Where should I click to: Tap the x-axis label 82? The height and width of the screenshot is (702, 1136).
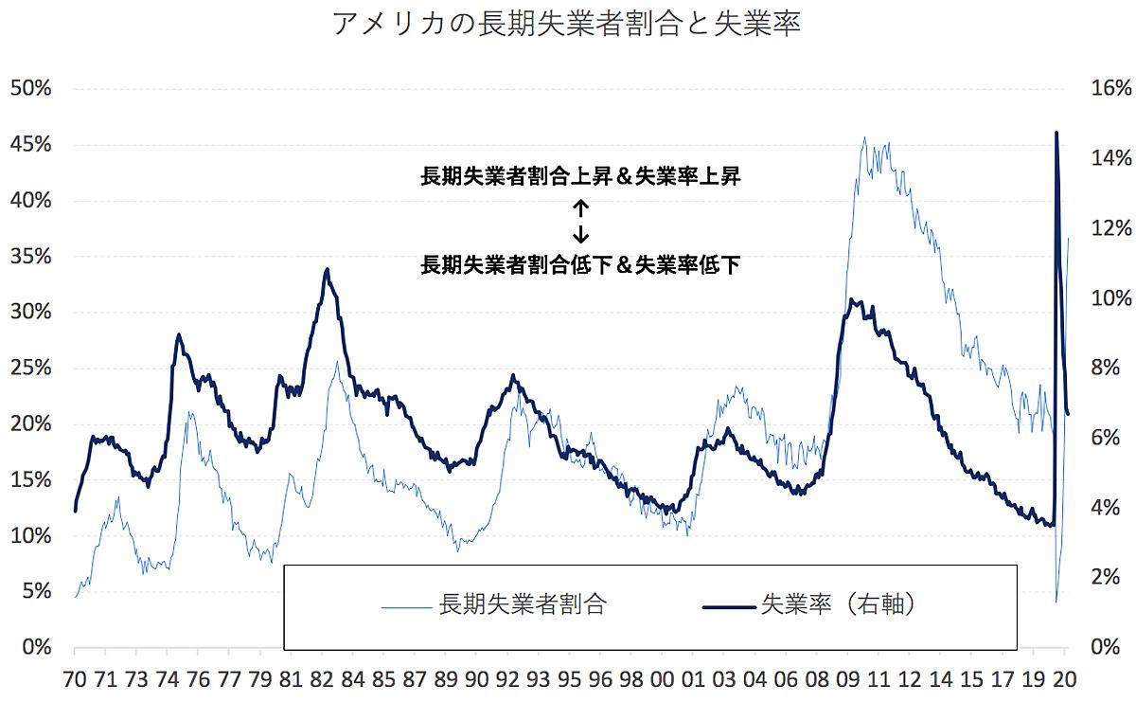[321, 679]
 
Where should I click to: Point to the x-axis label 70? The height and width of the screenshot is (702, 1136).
[74, 679]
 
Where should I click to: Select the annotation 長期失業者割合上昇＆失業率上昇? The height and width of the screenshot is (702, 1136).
[580, 176]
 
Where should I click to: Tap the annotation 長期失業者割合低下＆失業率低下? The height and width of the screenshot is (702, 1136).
[580, 264]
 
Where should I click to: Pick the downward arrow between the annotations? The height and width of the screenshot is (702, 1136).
[580, 232]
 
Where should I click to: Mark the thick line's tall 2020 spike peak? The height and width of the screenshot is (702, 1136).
[1056, 133]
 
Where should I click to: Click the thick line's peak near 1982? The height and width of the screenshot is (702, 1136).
[327, 269]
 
